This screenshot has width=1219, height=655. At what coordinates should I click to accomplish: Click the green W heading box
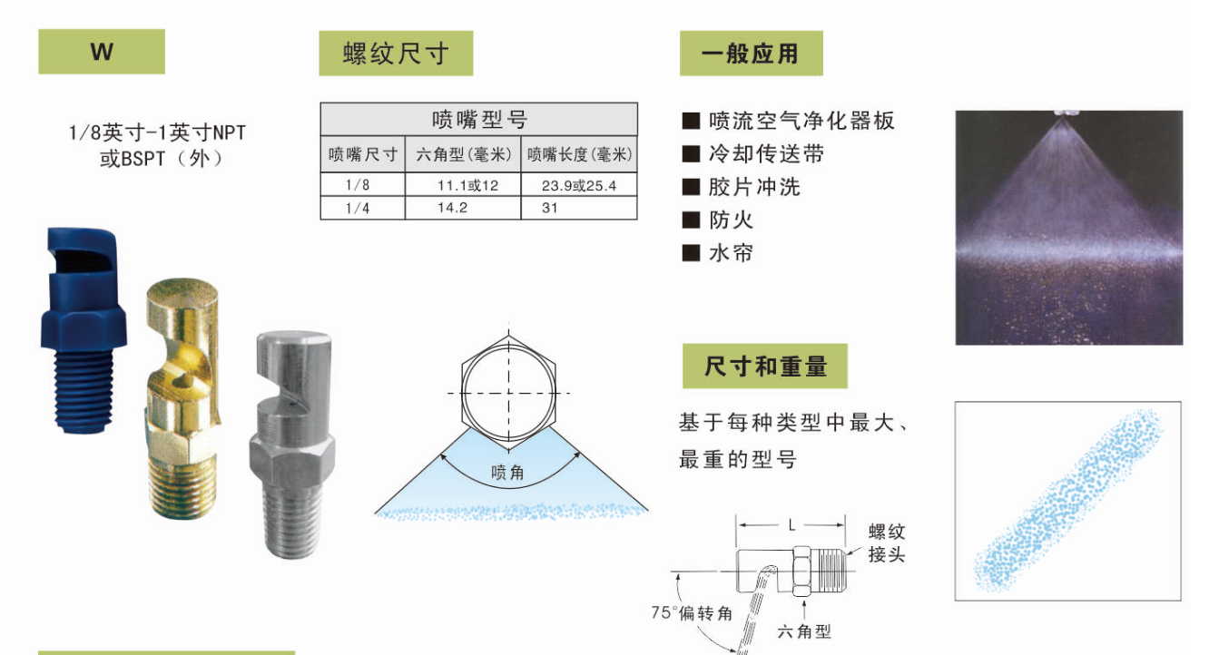click(x=102, y=52)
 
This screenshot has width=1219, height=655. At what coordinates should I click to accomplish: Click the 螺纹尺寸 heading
click(x=396, y=54)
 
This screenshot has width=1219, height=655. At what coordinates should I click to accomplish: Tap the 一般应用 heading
click(x=752, y=54)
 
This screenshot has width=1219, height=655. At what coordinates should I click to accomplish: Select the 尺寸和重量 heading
click(x=765, y=367)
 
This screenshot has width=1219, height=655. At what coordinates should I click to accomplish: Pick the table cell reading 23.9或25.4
click(x=579, y=185)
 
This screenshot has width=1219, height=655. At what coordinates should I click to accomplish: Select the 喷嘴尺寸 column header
click(x=363, y=154)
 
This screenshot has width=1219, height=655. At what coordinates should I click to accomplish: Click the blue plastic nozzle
click(x=84, y=330)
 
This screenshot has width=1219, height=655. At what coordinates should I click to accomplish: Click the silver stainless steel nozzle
click(x=293, y=444)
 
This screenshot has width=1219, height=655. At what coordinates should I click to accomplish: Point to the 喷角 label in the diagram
click(x=507, y=473)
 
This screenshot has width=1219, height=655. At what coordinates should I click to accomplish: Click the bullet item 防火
click(x=731, y=220)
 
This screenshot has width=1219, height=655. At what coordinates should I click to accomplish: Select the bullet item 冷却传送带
click(x=766, y=154)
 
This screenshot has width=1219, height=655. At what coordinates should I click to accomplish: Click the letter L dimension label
click(x=791, y=525)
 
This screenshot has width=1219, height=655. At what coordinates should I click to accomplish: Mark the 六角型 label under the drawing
click(x=804, y=631)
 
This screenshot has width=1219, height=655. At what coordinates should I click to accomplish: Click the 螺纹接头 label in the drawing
click(x=887, y=543)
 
